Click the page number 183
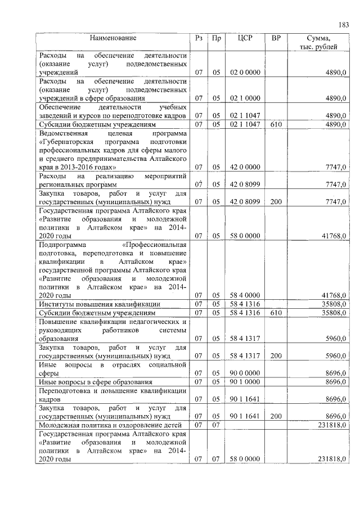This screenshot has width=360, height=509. pos(344,24)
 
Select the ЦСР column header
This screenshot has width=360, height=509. pos(244,38)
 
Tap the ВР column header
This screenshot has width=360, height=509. pos(276,38)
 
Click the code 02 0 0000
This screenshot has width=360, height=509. pos(245,73)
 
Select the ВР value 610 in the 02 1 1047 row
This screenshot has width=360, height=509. pos(276,124)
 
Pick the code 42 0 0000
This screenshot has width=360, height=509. pos(245,167)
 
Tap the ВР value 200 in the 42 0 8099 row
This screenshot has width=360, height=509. pos(276,201)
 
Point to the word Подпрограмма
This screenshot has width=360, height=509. pos(62,245)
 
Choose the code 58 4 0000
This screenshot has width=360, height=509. pos(245,295)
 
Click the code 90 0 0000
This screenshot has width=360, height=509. pos(245,373)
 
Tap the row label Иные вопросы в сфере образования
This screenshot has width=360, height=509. pos(95,382)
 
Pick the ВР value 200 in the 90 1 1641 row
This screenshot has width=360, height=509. pos(276,417)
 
